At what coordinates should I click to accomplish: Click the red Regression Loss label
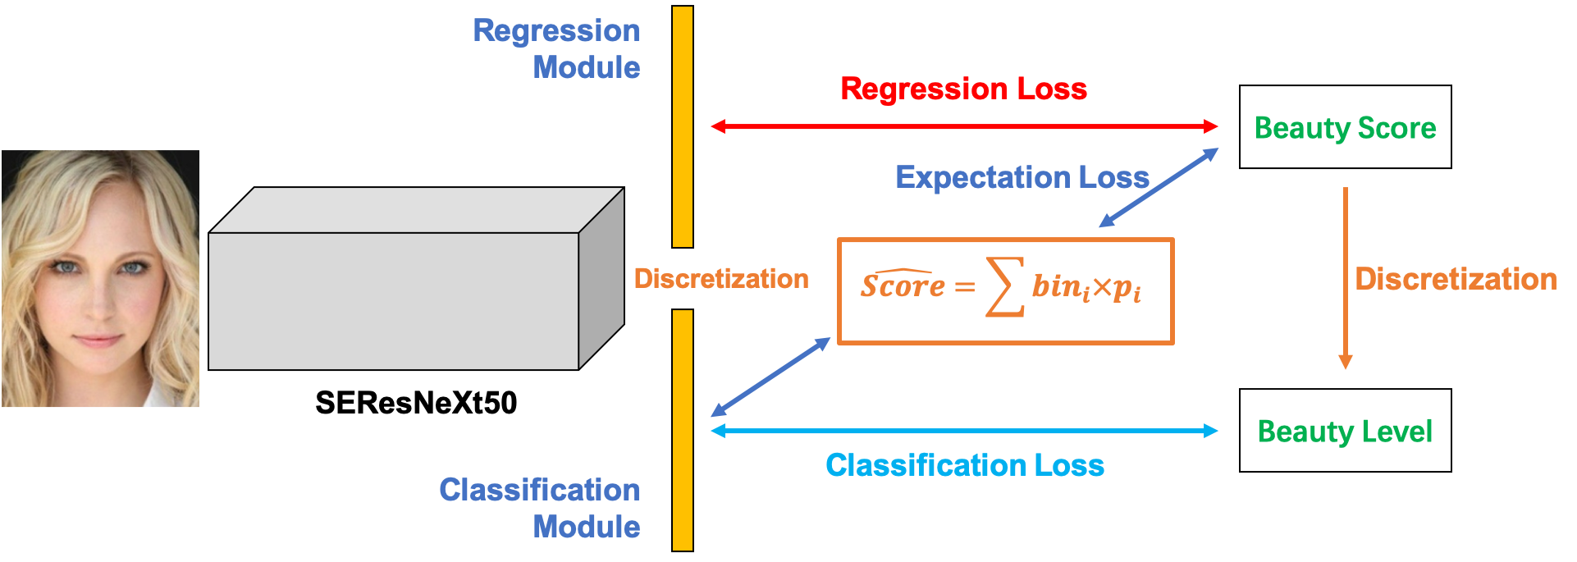tap(963, 89)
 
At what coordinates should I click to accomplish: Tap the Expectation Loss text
tap(1022, 177)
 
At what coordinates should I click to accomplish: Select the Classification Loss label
tap(964, 465)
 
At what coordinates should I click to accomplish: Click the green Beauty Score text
tap(1345, 128)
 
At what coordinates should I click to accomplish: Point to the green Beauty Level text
tap(1345, 432)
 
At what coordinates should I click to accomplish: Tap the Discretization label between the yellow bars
tap(720, 279)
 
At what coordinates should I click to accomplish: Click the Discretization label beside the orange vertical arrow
tap(1456, 279)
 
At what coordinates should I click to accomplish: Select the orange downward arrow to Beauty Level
tap(1345, 279)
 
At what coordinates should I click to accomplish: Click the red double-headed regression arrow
tap(964, 126)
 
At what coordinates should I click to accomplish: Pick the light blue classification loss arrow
tap(964, 431)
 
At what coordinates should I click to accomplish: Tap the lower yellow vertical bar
tap(683, 430)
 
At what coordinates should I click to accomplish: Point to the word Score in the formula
tap(903, 285)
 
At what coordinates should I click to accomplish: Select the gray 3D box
tap(394, 299)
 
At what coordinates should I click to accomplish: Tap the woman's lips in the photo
tap(98, 339)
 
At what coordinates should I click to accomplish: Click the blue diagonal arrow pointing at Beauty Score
tap(1159, 188)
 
